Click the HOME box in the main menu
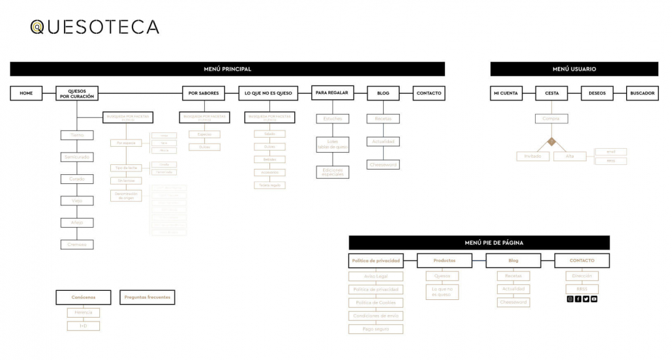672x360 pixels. [26, 93]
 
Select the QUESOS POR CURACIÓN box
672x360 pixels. [77, 93]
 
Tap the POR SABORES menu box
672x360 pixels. [204, 93]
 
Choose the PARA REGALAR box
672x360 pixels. [331, 93]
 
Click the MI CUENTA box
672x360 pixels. [506, 93]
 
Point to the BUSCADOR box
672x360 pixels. [642, 93]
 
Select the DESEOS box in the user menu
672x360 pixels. [597, 93]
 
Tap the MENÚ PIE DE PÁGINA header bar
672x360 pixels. [480, 243]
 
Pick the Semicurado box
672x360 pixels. [77, 157]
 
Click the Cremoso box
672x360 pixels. [77, 245]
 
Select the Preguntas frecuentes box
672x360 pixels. [147, 297]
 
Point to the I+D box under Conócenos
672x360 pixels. [84, 325]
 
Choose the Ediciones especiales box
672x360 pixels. [332, 172]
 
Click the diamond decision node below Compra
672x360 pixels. [551, 141]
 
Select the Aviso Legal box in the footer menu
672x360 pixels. [376, 277]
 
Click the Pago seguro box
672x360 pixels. [376, 329]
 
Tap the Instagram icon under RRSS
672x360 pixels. [570, 299]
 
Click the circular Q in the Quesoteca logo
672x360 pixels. [38, 27]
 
